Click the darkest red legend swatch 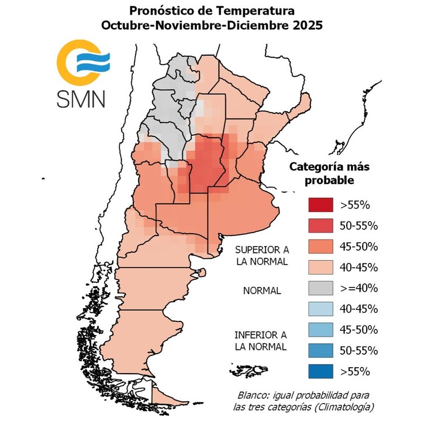[x=320, y=205]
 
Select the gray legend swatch [x=320, y=288]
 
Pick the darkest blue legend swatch [x=320, y=370]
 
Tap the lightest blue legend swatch [x=320, y=308]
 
